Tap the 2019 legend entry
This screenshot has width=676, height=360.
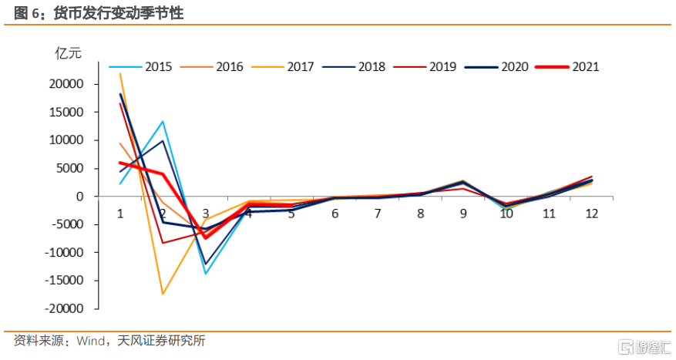coord(442,67)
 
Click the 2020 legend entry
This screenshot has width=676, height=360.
coord(514,67)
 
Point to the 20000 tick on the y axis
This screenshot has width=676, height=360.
coord(69,84)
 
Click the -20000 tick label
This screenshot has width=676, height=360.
coord(67,308)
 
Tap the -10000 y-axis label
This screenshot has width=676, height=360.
coord(67,252)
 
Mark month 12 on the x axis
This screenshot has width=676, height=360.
coord(591,213)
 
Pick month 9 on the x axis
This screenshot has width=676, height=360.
coord(462,213)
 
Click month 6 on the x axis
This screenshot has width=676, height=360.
coord(335,213)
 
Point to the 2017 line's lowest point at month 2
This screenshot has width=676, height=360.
coord(163,294)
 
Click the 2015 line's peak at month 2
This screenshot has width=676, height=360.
coord(163,121)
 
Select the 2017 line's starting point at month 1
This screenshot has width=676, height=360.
coord(120,74)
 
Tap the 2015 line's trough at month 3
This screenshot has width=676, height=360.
coord(206,274)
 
